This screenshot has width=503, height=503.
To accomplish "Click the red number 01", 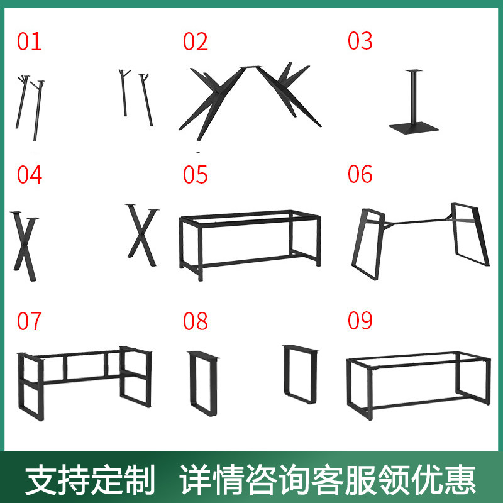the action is (x=29, y=41).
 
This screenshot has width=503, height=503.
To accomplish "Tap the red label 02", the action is (x=196, y=41).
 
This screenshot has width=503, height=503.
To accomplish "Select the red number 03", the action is (x=360, y=41).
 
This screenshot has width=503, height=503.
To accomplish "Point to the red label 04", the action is (x=29, y=175).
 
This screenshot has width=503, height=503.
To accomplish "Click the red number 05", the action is (x=196, y=175).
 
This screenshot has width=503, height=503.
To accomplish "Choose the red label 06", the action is (x=360, y=174).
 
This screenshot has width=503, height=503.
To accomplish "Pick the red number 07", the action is (x=29, y=321).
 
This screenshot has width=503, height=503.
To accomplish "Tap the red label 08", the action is (x=196, y=321).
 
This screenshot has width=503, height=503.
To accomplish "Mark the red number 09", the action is (x=360, y=320).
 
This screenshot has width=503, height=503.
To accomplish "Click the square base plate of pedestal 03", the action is (x=414, y=128).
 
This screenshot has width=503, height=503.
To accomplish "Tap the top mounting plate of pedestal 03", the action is (x=414, y=70).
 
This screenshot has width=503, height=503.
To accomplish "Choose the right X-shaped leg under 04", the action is (x=142, y=235).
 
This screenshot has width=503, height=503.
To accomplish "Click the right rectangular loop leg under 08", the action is (x=285, y=372).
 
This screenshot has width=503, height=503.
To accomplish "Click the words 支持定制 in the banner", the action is (x=90, y=480).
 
